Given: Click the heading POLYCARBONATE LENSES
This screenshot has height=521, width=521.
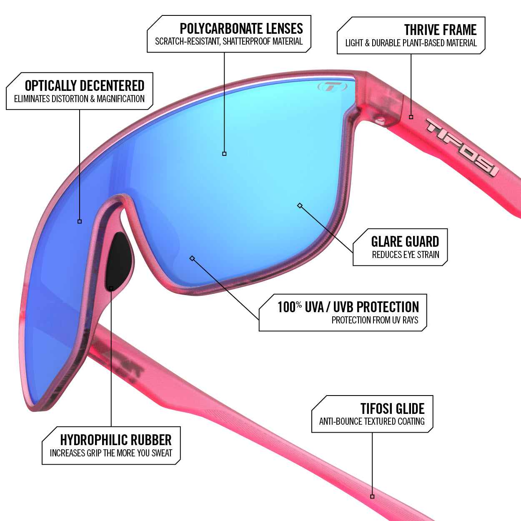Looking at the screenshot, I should [x=241, y=29].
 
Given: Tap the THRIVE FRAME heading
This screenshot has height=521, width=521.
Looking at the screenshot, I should [x=440, y=30].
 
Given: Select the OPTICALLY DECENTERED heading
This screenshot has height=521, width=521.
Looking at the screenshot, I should [x=85, y=86].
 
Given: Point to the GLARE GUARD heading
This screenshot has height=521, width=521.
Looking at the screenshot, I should [x=405, y=242].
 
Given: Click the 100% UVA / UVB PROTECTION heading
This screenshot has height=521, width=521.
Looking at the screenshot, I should [x=348, y=307].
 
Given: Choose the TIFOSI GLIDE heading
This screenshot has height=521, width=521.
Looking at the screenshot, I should [x=392, y=408].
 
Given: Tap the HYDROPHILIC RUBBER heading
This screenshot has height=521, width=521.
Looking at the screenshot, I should [x=116, y=440].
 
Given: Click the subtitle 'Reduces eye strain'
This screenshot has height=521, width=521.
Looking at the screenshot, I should [x=406, y=255].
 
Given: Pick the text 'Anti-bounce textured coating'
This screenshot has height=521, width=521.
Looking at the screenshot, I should [x=372, y=421].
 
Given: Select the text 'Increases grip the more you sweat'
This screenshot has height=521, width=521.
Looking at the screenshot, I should [x=111, y=453].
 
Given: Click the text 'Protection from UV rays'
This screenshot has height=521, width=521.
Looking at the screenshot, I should [x=375, y=320].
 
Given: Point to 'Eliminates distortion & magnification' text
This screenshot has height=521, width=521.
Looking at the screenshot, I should [x=79, y=99].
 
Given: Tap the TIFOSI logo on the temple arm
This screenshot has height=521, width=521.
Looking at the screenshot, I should [x=462, y=147].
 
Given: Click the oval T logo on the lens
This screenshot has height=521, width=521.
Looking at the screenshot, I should [x=332, y=87].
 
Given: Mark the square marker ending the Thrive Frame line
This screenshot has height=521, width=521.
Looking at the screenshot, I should [x=411, y=117].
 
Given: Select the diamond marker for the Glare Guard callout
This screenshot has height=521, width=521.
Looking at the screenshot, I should [x=300, y=205].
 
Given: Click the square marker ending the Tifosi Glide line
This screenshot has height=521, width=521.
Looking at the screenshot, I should [x=372, y=496].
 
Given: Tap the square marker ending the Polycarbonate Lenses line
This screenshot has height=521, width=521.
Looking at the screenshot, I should [x=224, y=154].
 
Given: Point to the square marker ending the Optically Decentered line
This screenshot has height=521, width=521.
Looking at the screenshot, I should [x=80, y=221].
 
